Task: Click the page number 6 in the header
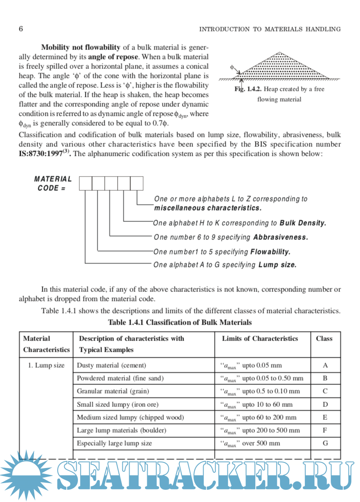point(21,29)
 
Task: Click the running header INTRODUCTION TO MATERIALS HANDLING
point(270,29)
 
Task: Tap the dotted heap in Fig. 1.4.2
point(284,67)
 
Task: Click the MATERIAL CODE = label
point(53,183)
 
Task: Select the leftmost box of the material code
point(86,183)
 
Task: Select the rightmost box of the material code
point(137,183)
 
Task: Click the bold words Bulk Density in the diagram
point(303,223)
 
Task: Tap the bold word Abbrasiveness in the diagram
point(280,237)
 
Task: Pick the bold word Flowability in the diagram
point(270,251)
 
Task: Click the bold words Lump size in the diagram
point(277,265)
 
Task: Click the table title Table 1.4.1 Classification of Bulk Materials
point(180,322)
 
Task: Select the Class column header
point(324,338)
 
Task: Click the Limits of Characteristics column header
point(260,338)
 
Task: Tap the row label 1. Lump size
point(47,366)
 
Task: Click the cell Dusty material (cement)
point(112,366)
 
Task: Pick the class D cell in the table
point(325,404)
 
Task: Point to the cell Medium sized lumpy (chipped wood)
point(130,417)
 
